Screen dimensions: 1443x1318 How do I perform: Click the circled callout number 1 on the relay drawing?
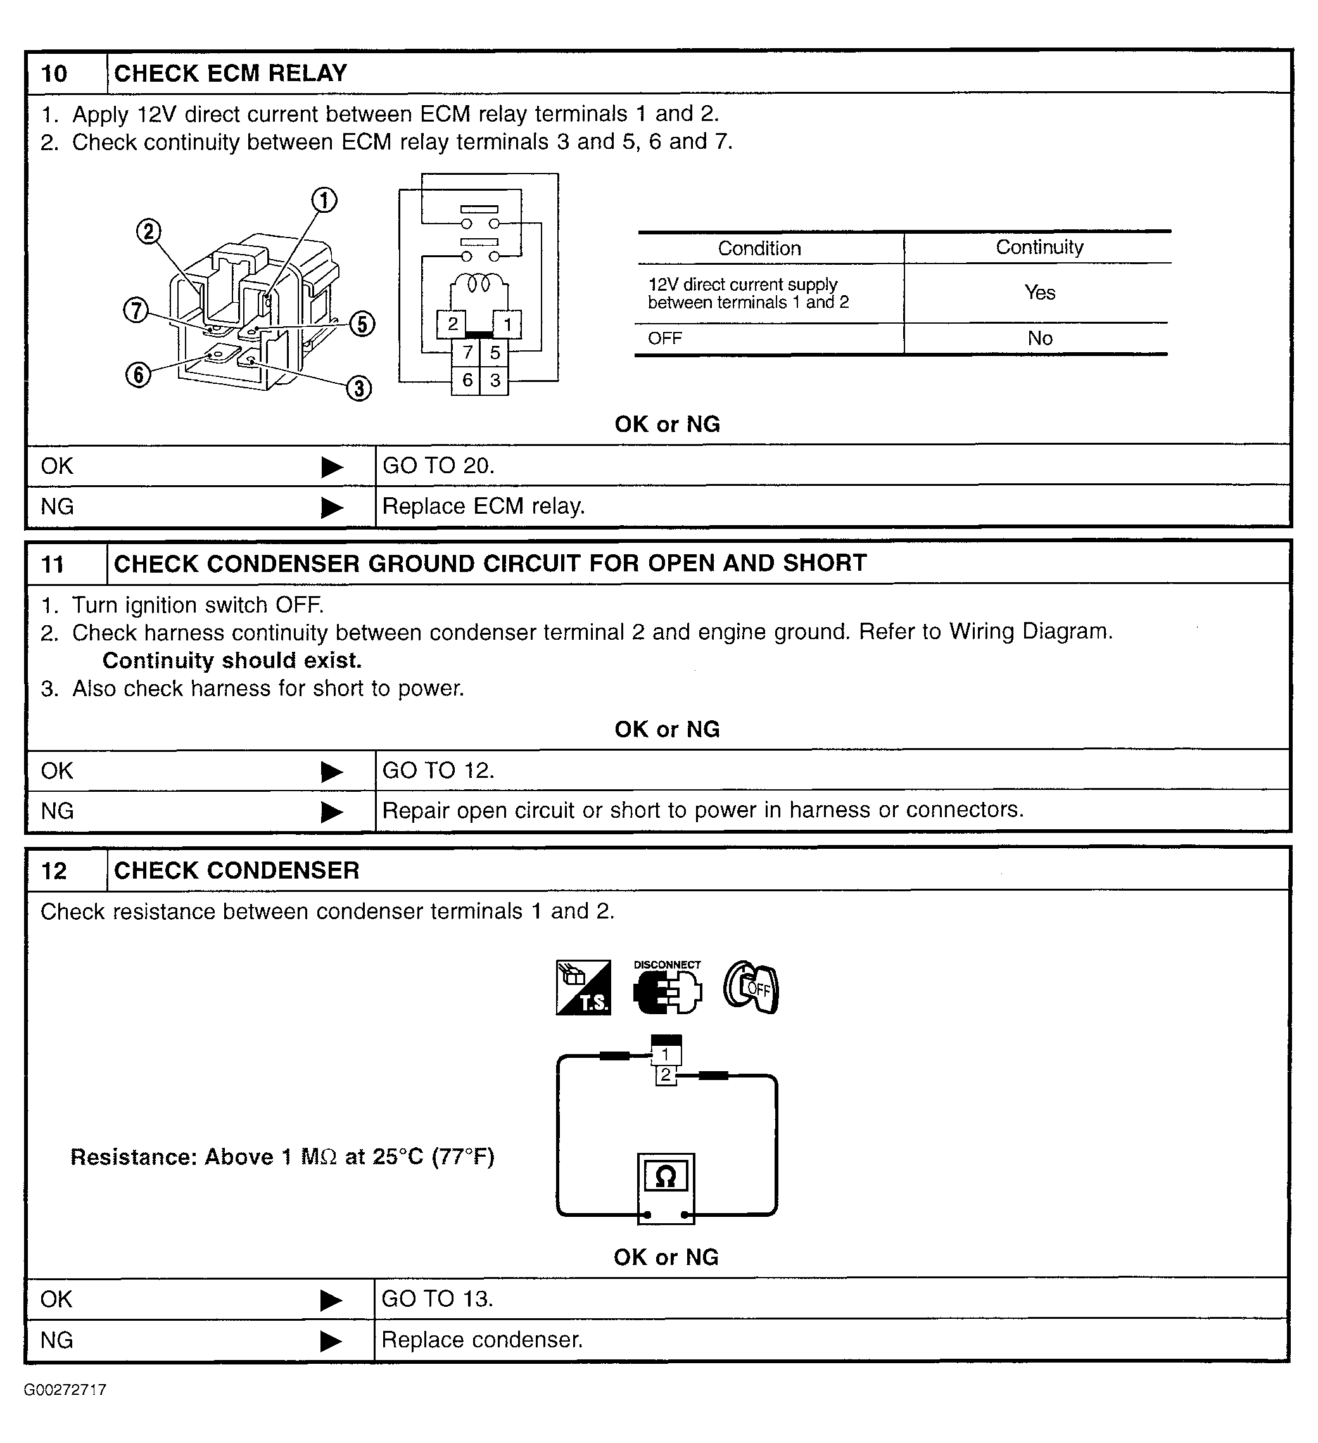pos(324,200)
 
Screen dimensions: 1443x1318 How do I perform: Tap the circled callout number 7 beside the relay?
pos(136,310)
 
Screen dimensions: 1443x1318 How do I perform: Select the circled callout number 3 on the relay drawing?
pos(359,389)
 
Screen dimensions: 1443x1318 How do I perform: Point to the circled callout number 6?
pos(138,374)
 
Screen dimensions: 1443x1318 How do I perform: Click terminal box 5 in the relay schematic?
pos(495,353)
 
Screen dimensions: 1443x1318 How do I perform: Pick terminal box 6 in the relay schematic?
pos(467,380)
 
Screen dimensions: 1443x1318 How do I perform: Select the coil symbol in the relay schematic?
pos(479,284)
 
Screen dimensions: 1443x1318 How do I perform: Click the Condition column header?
pos(759,248)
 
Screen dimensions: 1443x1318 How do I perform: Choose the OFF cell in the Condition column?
pos(665,338)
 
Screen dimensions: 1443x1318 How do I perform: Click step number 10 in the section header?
pos(54,73)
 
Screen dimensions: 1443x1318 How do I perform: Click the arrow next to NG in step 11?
pos(332,811)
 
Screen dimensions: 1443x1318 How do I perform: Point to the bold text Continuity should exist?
pos(232,660)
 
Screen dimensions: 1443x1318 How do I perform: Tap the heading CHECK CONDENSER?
pos(237,870)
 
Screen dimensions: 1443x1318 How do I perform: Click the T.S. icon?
pos(583,988)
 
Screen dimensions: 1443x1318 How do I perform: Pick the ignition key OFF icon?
pos(751,988)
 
